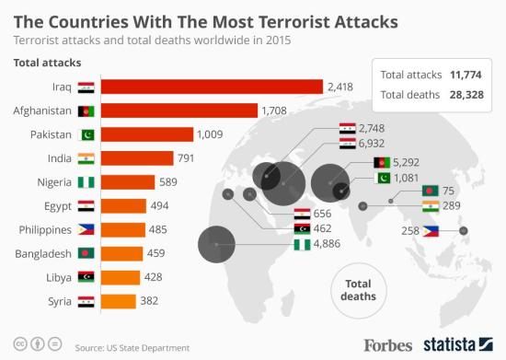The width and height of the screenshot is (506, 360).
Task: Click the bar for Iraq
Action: tap(211, 87)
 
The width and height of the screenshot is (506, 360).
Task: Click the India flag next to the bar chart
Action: tap(85, 158)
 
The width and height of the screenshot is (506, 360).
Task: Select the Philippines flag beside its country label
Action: tap(85, 229)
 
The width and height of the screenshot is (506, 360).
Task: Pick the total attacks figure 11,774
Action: tap(466, 75)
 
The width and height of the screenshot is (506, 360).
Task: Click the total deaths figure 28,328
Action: tap(466, 94)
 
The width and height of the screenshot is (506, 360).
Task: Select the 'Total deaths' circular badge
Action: tap(357, 288)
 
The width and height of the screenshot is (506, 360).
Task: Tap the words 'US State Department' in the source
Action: tap(148, 347)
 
